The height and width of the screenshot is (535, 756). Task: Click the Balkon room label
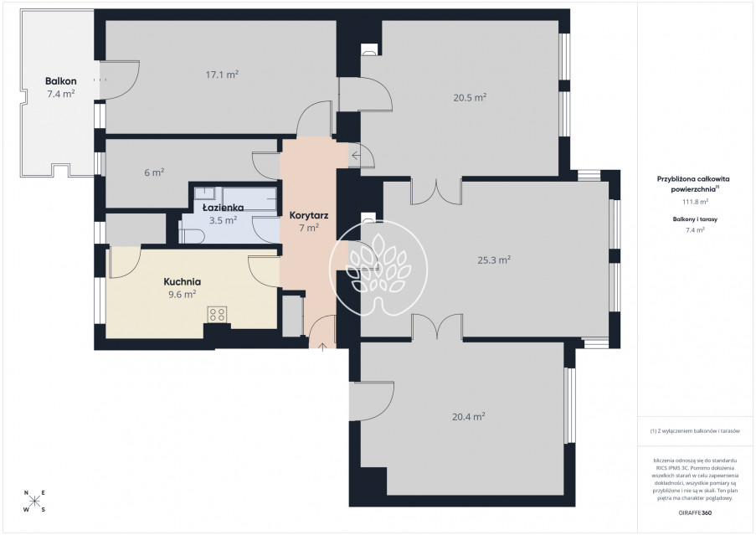pos(61,81)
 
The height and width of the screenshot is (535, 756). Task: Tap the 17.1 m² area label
pos(222,75)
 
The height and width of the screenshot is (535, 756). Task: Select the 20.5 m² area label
pos(470,97)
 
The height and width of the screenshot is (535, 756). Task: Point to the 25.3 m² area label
pos(494,260)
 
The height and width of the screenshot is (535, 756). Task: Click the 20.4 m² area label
pos(469,417)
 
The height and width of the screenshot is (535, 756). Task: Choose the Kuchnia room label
pos(183,282)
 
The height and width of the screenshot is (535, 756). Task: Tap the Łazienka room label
pos(223,208)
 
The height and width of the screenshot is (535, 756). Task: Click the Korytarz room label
pos(309,215)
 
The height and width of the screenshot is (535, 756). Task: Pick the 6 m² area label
pos(154,172)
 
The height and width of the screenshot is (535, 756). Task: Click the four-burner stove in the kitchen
pos(217,315)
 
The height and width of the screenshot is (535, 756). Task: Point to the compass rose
pos(34,502)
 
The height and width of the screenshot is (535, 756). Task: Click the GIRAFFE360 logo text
pos(695,513)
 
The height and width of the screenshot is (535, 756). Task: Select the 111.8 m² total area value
pos(694,202)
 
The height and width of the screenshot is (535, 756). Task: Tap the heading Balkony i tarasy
pos(695,219)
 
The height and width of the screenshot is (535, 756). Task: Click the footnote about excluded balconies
pos(694,431)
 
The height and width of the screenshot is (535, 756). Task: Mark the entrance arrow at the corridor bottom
pos(322,346)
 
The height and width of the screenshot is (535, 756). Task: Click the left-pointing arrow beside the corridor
pos(356,156)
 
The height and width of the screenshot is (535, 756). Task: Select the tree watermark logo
pos(378,269)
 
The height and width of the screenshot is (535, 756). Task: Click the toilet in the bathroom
pos(192,234)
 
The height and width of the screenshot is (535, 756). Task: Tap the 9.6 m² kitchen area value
pos(183,295)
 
